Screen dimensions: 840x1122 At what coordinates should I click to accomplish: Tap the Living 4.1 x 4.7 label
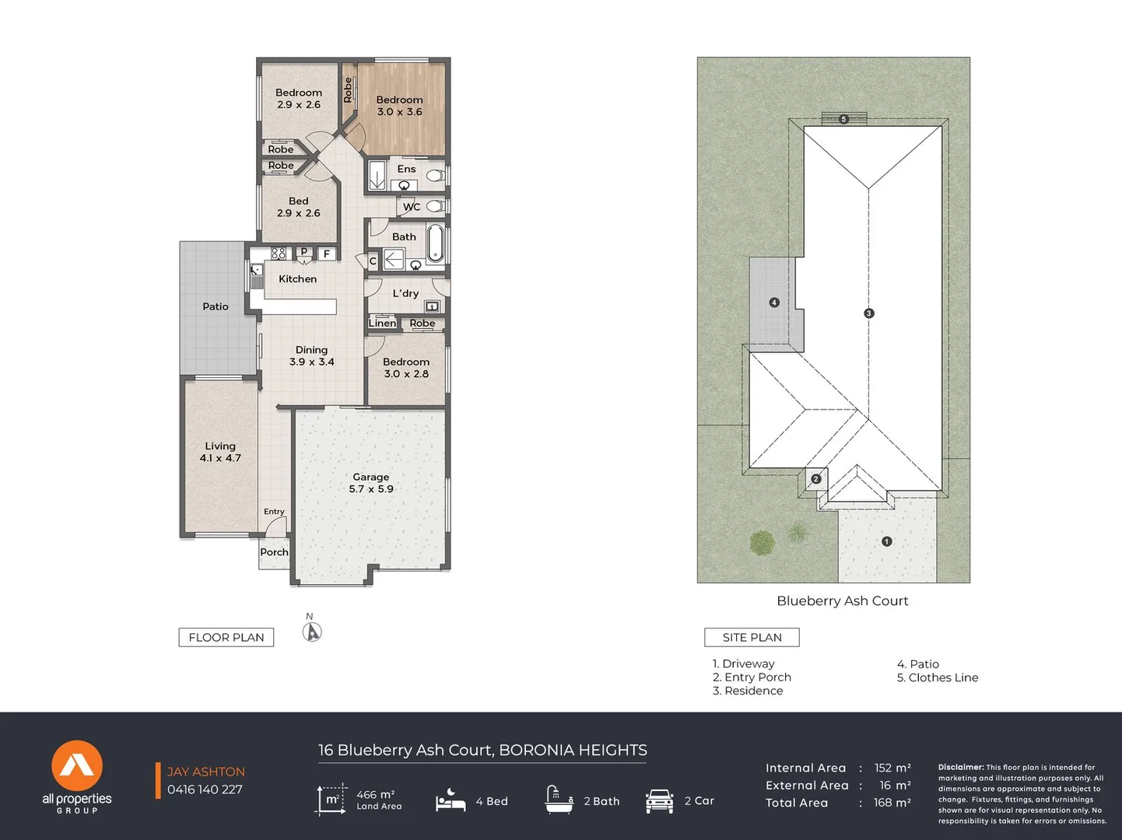click(220, 452)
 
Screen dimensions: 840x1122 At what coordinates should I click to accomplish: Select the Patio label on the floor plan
click(216, 306)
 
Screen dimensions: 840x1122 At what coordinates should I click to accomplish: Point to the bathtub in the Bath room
click(435, 243)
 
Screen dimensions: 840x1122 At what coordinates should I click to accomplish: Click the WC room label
click(412, 207)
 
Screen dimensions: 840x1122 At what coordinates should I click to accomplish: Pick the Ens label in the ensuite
click(406, 169)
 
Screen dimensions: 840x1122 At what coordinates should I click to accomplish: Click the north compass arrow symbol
click(312, 632)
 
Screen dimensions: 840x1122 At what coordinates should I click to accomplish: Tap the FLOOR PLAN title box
click(226, 637)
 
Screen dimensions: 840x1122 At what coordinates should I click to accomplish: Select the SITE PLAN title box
click(752, 637)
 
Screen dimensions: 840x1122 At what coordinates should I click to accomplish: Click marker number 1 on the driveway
click(886, 541)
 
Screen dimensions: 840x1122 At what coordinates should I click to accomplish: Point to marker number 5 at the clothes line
click(843, 119)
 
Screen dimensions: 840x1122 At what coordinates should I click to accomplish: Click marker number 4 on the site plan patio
click(774, 303)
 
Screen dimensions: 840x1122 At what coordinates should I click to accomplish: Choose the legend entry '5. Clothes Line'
click(937, 677)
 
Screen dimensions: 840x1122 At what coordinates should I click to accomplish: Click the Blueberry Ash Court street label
click(842, 600)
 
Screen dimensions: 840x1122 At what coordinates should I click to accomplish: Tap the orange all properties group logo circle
click(77, 766)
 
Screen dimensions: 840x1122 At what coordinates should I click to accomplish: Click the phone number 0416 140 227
click(205, 789)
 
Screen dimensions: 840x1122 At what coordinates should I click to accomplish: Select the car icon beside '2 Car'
click(659, 801)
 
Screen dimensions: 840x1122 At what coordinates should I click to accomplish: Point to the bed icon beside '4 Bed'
click(451, 800)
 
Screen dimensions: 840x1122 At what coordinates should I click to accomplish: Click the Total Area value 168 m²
click(892, 803)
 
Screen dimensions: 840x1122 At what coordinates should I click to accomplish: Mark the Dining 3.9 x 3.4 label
click(311, 355)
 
